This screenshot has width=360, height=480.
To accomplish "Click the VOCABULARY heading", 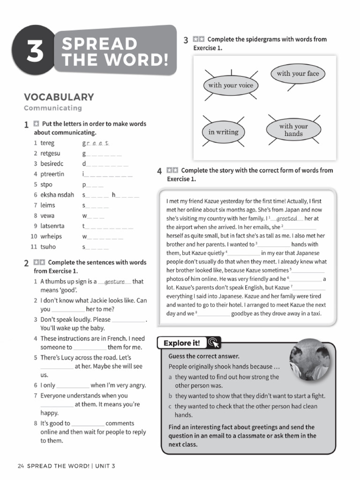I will point(59,97).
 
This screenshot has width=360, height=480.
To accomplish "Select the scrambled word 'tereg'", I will point(47,143).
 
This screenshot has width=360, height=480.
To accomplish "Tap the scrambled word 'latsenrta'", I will point(52,226).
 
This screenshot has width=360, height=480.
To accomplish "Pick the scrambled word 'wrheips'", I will point(52,236).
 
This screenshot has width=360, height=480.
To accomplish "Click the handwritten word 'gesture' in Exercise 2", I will point(114,282).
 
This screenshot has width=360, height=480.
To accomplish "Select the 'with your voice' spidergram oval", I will point(230,85).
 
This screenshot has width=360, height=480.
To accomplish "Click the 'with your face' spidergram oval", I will point(297,74).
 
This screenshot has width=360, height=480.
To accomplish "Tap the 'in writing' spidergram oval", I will point(223,132).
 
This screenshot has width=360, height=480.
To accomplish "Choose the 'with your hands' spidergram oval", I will point(293,130).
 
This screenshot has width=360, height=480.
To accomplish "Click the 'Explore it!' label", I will point(181,343).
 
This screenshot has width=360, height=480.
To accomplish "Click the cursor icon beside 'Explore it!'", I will point(212,343).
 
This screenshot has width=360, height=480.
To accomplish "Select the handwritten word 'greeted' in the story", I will point(286,218).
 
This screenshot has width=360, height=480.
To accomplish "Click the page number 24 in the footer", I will point(20,466).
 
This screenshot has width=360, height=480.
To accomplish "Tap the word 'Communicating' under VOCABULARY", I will point(53,108).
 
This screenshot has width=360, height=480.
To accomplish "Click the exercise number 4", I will point(160,172).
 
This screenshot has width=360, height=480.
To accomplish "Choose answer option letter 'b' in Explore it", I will point(171,396).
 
